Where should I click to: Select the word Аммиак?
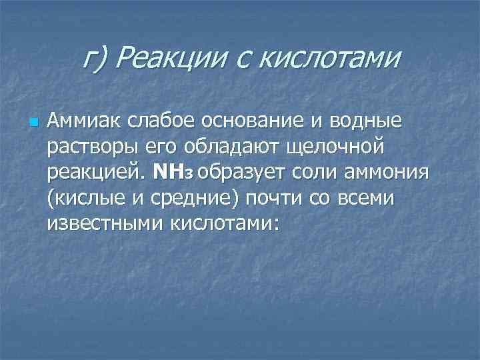[79, 122]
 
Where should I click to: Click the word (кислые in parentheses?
[83, 198]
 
